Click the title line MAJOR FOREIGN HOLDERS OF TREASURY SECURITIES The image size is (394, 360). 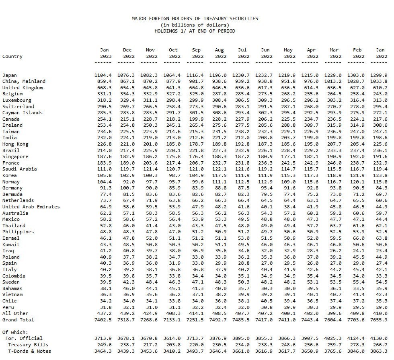pos(195,19)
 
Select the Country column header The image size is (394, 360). pos(12,56)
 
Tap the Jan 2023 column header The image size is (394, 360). pos(104,53)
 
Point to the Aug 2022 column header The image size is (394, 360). pos(219,53)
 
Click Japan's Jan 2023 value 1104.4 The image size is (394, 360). pos(103,75)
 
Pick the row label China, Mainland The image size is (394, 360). pos(24,81)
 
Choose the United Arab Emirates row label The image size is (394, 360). pos(31,207)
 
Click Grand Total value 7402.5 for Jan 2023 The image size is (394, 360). pos(103,320)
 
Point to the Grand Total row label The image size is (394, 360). pos(18,320)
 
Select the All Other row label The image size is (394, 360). pos(15,313)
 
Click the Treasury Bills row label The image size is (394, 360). pos(28,345)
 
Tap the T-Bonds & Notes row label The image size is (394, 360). pos(28,351)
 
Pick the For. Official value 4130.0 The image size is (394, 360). pos(380,338)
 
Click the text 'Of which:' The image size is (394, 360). pos(15,332)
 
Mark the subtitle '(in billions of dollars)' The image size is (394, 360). pos(195,25)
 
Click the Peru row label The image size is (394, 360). pos(10,307)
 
